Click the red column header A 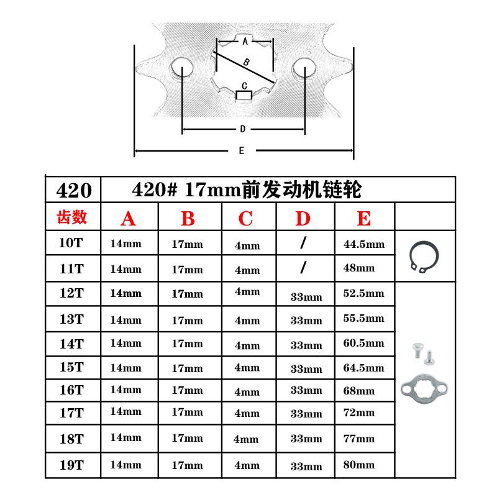[128, 219]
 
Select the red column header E [364, 219]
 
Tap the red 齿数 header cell [72, 217]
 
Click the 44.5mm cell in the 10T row [364, 244]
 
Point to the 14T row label [72, 343]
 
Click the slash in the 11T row [303, 268]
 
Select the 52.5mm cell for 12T [364, 293]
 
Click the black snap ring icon [425, 255]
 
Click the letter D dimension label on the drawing [242, 129]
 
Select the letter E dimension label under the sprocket [241, 150]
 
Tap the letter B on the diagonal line [247, 62]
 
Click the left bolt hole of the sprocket [182, 68]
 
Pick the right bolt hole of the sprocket [304, 68]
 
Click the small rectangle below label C [244, 96]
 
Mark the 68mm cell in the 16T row [359, 391]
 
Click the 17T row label [72, 412]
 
